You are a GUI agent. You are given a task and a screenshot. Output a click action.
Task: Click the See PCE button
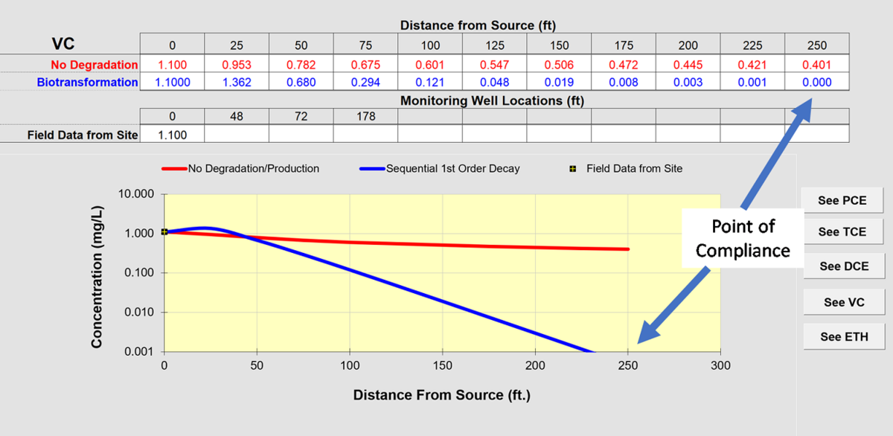pos(842,200)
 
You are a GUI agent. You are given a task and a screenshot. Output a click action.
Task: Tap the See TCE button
pos(842,231)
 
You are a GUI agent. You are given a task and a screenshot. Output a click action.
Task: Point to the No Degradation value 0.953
pos(237,65)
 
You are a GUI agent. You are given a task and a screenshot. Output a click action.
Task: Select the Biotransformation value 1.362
pos(237,83)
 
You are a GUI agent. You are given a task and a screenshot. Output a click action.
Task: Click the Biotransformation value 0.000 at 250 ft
pos(816,83)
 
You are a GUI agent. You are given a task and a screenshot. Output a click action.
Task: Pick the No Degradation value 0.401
pos(816,65)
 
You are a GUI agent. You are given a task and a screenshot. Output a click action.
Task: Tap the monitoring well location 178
pos(365,116)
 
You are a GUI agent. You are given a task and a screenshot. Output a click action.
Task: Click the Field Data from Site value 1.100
pos(172,135)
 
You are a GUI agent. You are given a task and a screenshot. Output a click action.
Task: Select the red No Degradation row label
pos(95,65)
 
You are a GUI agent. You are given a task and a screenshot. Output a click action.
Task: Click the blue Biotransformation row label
pos(87,83)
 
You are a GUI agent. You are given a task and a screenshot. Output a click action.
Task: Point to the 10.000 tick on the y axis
pos(137,194)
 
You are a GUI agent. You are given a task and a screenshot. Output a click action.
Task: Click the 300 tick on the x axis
pos(720,365)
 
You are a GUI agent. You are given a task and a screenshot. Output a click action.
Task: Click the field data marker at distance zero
pos(164,232)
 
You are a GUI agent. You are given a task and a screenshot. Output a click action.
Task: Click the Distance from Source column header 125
pos(494,45)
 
